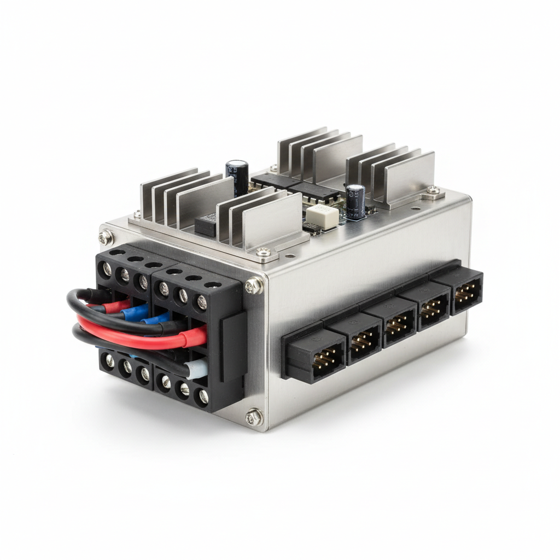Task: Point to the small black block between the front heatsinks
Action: click(205, 225)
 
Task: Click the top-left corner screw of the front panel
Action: click(106, 237)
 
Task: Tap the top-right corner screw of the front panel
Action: click(253, 286)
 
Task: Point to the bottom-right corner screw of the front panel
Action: click(253, 417)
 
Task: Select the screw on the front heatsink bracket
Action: click(264, 252)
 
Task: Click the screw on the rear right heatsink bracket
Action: click(433, 190)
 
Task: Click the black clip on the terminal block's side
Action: click(233, 348)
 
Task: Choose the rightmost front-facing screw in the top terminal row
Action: click(202, 302)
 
